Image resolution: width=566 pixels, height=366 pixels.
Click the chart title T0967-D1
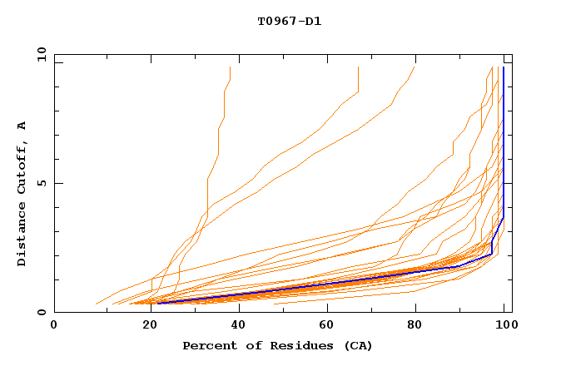[289, 22]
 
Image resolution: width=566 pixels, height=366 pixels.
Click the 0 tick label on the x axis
[54, 325]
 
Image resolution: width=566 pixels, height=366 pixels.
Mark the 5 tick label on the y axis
[41, 183]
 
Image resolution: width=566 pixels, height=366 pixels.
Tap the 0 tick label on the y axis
[41, 312]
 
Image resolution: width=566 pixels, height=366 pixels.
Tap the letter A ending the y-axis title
[22, 126]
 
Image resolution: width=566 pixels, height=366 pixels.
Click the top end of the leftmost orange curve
[230, 68]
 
